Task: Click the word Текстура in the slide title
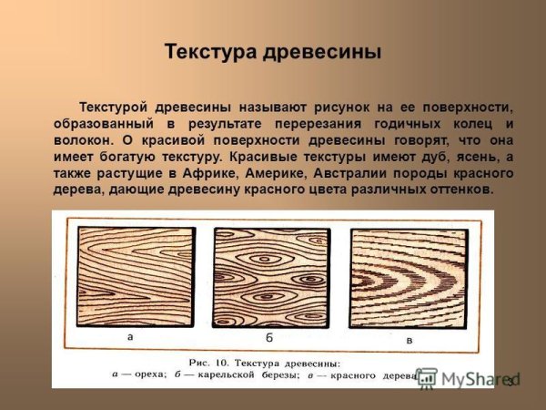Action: tap(210, 51)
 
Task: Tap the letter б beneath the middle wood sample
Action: tap(271, 337)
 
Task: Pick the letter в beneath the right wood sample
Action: tap(409, 338)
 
